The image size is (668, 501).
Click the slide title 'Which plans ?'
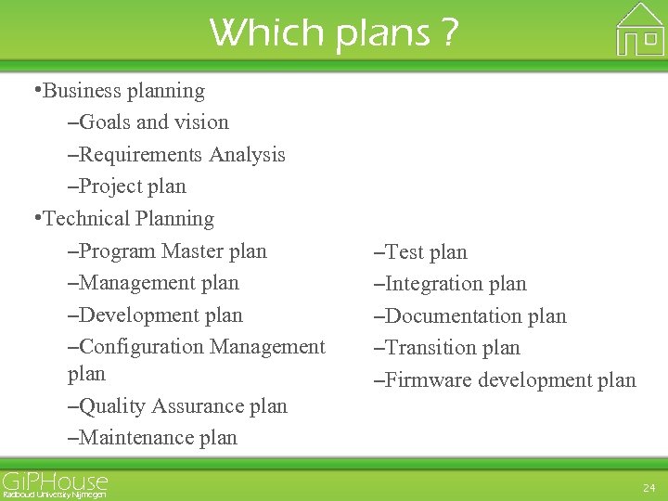coord(334,32)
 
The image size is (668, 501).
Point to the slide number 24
coord(648,486)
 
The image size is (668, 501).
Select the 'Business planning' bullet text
coord(123,91)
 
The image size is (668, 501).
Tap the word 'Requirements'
coord(142,155)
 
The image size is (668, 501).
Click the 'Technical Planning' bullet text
coord(128,219)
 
